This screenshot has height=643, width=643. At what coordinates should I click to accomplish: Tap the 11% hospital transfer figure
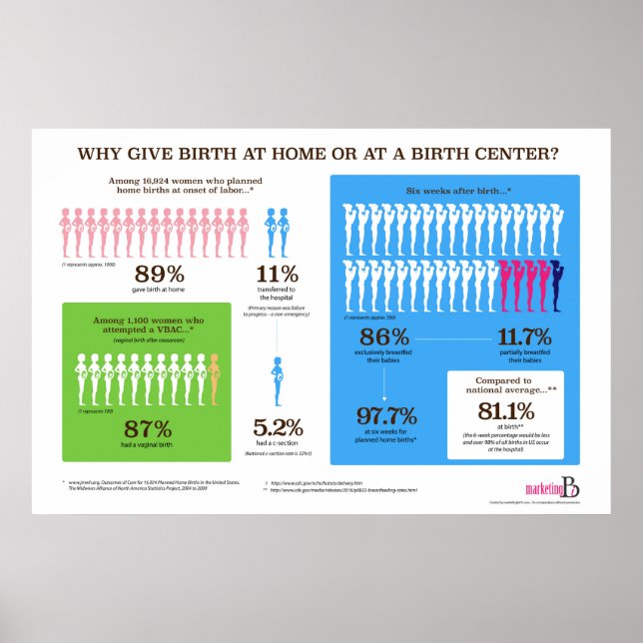point(277,275)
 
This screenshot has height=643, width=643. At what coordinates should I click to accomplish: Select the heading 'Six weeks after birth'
point(457,190)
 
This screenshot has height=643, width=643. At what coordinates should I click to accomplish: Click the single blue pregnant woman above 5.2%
point(277,380)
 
